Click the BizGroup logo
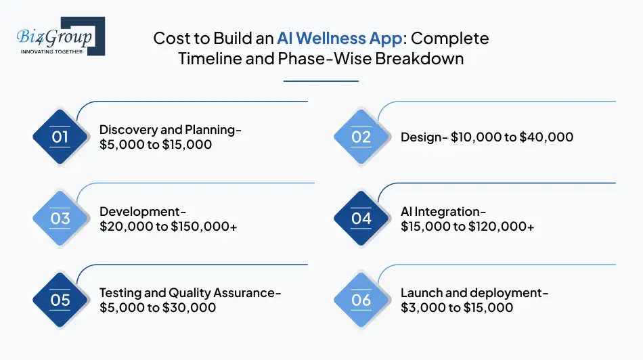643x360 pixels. (58, 36)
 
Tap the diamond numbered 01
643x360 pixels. (60, 137)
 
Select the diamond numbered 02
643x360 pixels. (361, 137)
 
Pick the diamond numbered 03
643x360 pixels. (60, 219)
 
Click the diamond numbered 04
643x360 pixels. (361, 219)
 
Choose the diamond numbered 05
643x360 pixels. (60, 300)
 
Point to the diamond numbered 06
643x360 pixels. (361, 300)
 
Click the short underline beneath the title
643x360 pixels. (321, 81)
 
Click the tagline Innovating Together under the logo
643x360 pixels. (51, 51)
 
